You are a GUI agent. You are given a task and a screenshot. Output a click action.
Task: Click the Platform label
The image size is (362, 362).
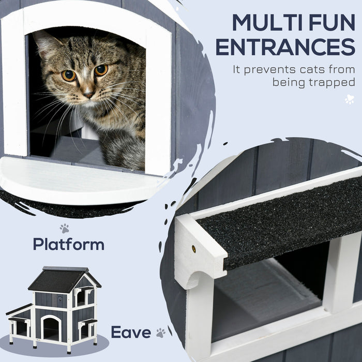[68, 244]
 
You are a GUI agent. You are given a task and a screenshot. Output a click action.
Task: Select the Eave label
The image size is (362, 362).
[131, 332]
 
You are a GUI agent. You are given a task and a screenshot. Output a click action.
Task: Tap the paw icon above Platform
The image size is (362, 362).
[64, 228]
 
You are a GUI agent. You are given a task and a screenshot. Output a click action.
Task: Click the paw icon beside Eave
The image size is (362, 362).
[161, 333]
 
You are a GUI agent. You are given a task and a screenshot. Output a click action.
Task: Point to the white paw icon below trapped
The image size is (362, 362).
[349, 99]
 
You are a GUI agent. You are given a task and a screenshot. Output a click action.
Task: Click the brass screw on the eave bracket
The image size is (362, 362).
[194, 249]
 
